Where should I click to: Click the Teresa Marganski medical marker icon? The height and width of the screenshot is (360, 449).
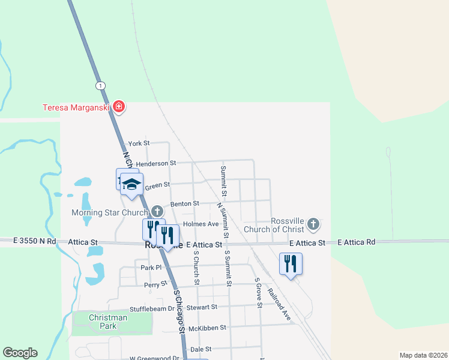(119, 107)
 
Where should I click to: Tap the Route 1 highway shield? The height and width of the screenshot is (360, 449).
(100, 85)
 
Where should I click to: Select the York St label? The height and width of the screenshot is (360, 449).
(139, 143)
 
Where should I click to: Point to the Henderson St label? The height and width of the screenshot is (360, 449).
(155, 163)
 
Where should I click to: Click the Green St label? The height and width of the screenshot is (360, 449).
(157, 185)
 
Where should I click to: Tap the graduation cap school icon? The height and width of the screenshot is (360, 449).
(131, 184)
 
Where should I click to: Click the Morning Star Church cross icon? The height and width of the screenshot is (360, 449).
(157, 211)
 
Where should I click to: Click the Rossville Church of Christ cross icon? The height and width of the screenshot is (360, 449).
(312, 224)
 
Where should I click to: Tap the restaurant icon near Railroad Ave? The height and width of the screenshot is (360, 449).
(291, 263)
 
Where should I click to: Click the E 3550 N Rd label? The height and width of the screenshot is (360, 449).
(35, 241)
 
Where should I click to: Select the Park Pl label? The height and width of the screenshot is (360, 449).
(151, 268)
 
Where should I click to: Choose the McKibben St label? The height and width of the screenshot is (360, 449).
(206, 328)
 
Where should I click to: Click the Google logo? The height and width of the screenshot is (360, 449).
(20, 353)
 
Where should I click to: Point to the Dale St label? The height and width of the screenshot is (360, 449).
(200, 349)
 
